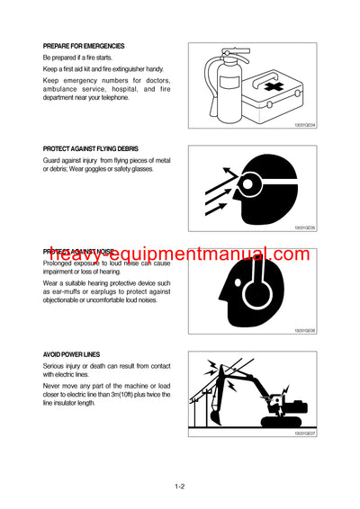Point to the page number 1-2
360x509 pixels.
pyautogui.click(x=180, y=487)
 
